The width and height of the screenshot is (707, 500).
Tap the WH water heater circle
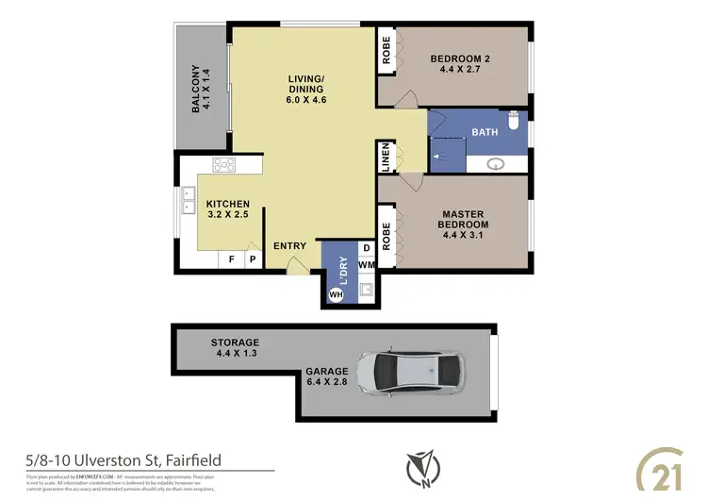tap(335, 295)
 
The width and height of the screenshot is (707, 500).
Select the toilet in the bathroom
tap(514, 122)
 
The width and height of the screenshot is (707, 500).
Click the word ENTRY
tap(289, 246)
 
